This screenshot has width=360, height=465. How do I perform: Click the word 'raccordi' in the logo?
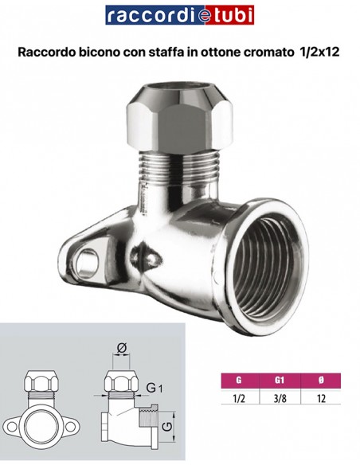144,16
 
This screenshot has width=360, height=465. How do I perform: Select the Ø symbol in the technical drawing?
122,348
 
